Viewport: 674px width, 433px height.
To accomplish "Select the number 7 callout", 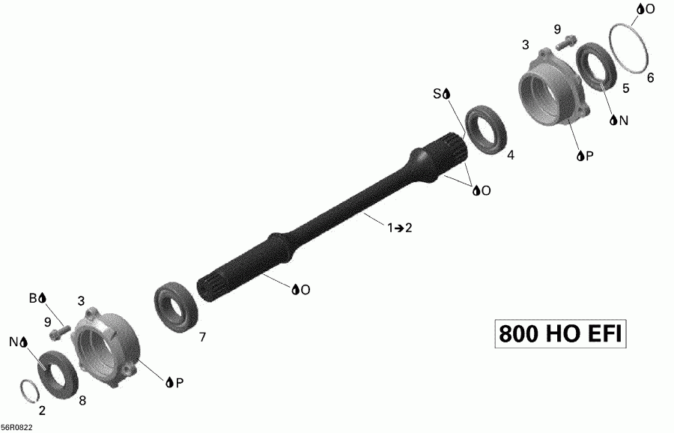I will (x=202, y=338).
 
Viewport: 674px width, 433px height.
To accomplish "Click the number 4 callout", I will (x=511, y=156).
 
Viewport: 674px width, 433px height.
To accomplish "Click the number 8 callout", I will (x=82, y=401).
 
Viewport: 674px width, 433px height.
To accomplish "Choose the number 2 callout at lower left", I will (x=42, y=411).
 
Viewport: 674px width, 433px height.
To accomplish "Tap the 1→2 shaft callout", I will (x=399, y=228).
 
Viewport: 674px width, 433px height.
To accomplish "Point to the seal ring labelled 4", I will (x=487, y=131).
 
